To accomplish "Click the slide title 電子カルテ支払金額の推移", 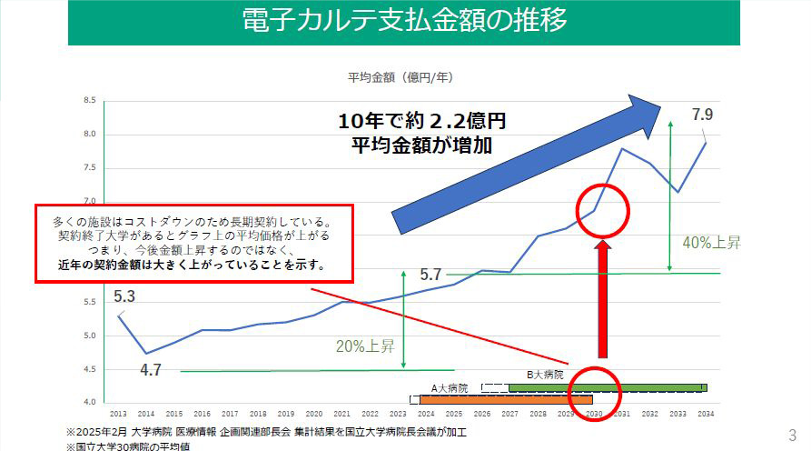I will coord(405,21).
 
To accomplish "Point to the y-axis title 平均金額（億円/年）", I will coord(400,78).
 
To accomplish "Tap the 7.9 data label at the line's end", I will coord(702,115).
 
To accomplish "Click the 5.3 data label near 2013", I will coord(125,296).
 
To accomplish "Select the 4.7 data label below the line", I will coord(152,369).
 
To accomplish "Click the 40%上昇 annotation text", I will coord(713,243).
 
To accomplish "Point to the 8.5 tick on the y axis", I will coord(89,101).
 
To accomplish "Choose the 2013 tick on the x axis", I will coord(119,414).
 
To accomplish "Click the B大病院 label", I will coord(545,374).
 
